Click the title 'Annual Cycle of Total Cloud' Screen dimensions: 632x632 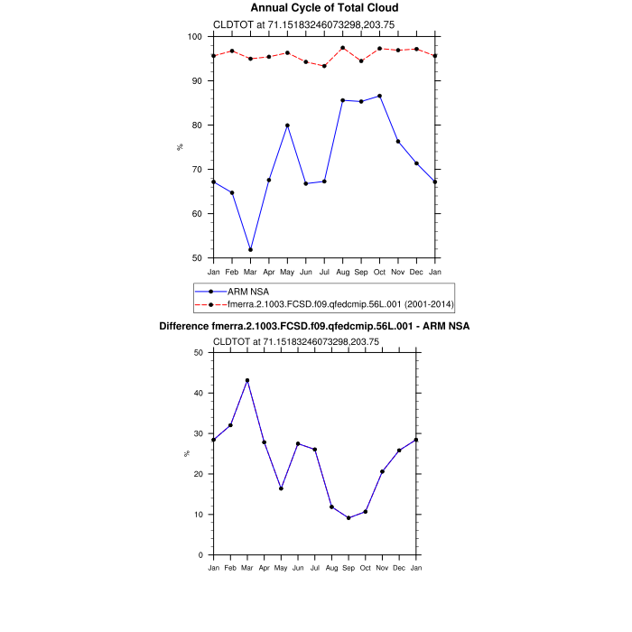click(x=324, y=8)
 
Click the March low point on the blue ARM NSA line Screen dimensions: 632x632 click(x=250, y=249)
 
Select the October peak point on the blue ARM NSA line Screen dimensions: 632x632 click(x=379, y=96)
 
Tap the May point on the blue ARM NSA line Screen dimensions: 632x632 click(x=287, y=125)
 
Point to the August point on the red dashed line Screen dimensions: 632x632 click(x=342, y=48)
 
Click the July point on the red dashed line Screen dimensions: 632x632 click(x=324, y=66)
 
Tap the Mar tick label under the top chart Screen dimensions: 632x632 click(x=250, y=272)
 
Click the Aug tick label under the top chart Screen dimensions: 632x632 click(x=342, y=272)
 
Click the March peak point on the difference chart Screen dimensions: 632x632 click(x=247, y=380)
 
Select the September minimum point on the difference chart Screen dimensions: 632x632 click(x=349, y=517)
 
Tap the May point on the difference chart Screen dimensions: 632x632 click(x=281, y=488)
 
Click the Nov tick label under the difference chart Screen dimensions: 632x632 click(x=382, y=568)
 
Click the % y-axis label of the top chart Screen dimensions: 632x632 click(x=180, y=147)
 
